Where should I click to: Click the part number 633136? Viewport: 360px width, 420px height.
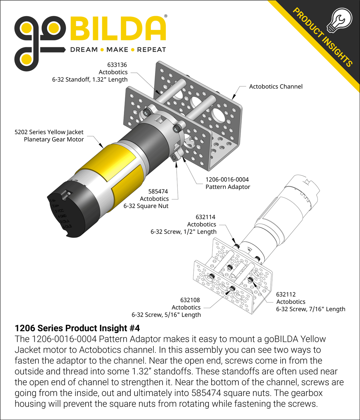click(117, 65)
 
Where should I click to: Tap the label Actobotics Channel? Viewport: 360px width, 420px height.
click(275, 86)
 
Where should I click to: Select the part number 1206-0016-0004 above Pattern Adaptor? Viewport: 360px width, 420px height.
click(227, 179)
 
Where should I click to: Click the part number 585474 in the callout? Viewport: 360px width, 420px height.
click(158, 191)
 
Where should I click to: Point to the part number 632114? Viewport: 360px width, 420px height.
click(205, 217)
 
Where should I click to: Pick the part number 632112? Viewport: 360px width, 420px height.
click(286, 294)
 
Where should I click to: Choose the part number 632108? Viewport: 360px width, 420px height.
click(190, 300)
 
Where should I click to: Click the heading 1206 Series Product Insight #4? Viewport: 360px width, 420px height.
click(77, 328)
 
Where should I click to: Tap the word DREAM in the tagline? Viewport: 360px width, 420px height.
click(84, 50)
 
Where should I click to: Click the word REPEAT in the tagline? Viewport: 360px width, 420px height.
click(151, 50)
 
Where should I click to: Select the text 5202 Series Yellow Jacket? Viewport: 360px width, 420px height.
click(49, 132)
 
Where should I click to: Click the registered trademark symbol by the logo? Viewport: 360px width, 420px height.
click(165, 16)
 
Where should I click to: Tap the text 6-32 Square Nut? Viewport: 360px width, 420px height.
click(146, 206)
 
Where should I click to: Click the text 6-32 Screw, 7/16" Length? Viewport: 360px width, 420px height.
click(310, 309)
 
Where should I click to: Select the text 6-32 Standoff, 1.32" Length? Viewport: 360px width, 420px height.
click(90, 79)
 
